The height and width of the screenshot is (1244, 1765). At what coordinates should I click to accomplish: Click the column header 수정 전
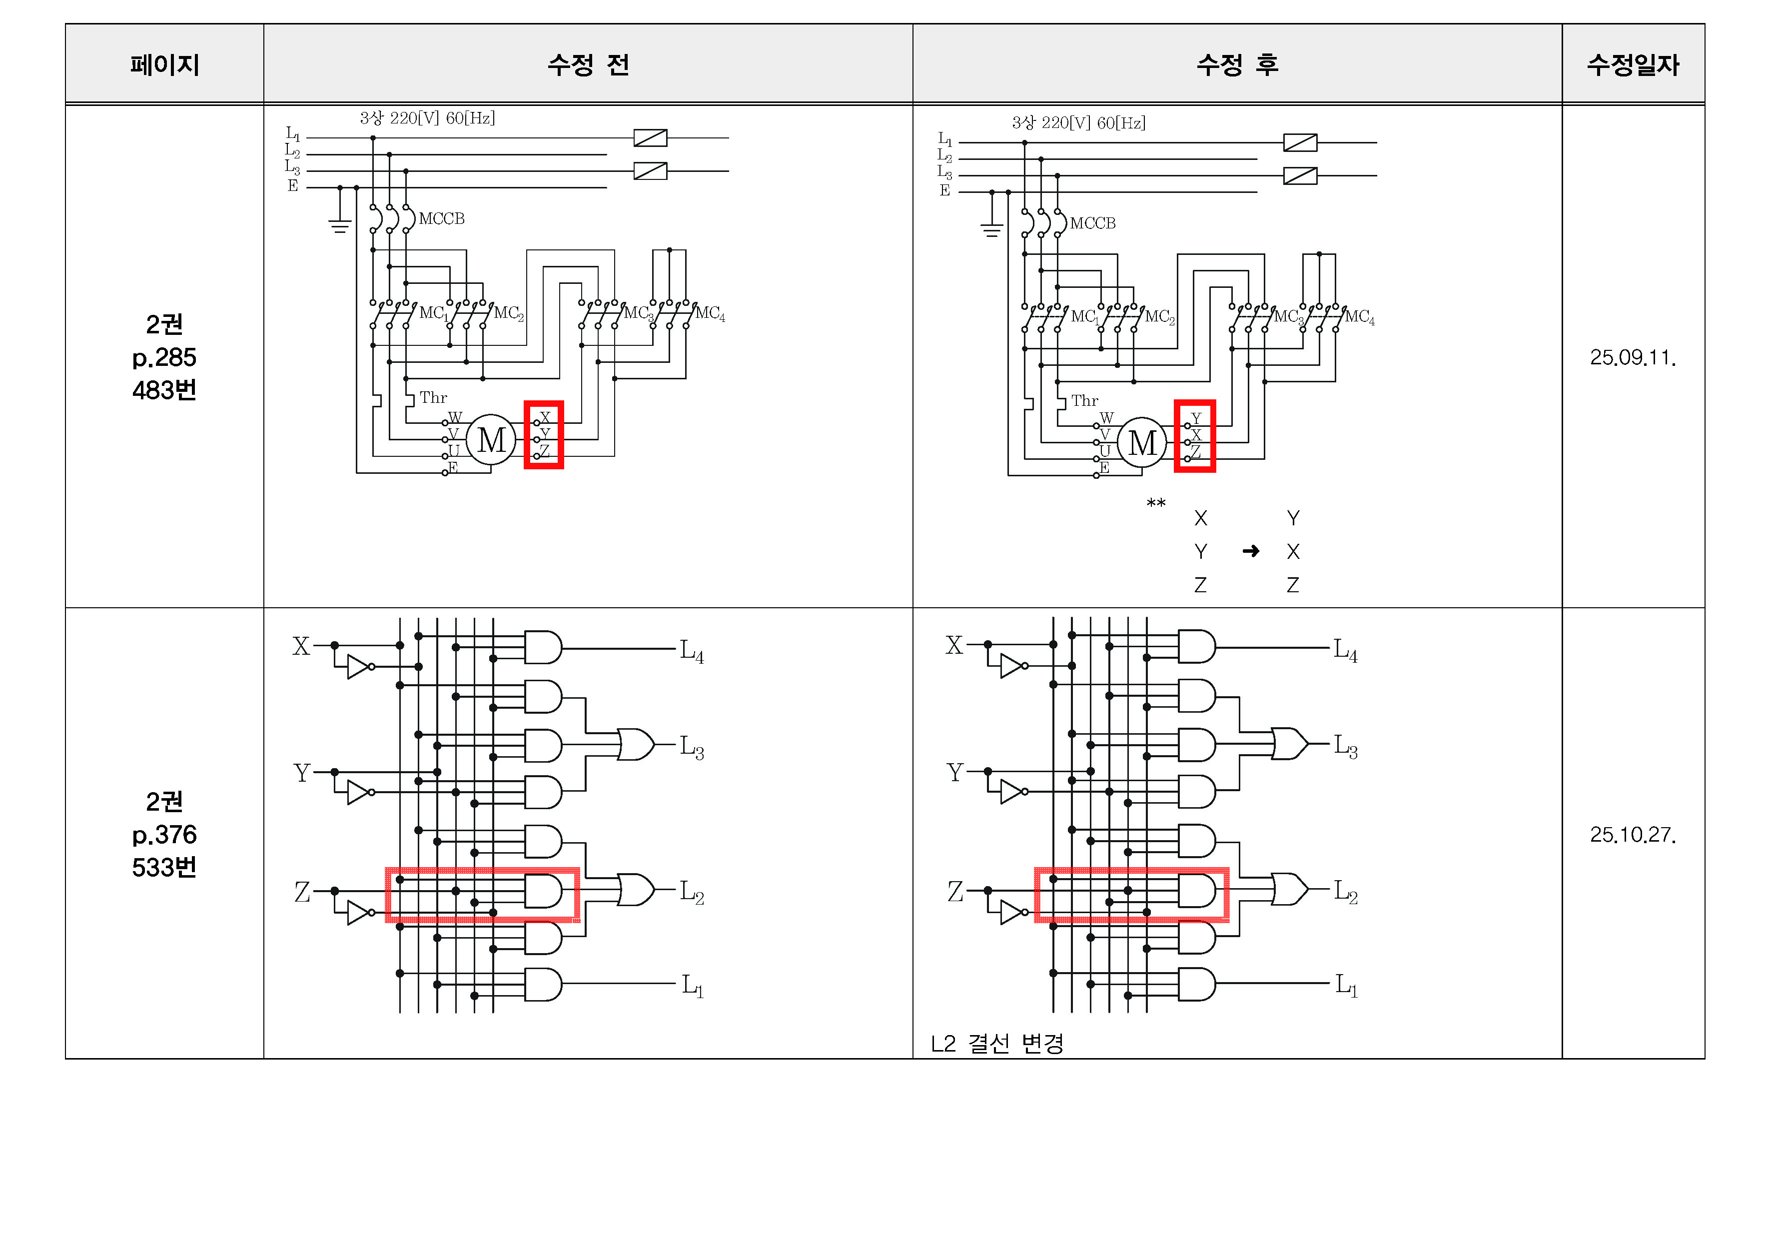[x=588, y=64]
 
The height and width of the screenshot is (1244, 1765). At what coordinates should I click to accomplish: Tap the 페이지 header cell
[x=164, y=64]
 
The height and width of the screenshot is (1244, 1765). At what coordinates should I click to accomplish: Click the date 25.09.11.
[x=1633, y=357]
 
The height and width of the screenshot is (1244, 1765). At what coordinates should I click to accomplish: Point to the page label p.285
[x=164, y=357]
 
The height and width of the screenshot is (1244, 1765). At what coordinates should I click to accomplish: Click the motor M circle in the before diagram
[x=491, y=440]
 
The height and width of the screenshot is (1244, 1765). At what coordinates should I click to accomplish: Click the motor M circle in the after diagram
[x=1142, y=443]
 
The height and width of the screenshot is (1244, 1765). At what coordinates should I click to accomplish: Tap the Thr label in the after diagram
[x=1085, y=400]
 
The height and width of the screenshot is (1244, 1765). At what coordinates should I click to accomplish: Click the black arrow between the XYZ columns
[x=1251, y=551]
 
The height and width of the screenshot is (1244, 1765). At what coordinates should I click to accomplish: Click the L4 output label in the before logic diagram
[x=692, y=651]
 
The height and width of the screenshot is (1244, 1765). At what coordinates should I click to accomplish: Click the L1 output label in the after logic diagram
[x=1346, y=985]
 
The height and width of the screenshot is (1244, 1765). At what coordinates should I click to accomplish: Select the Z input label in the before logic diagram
[x=302, y=892]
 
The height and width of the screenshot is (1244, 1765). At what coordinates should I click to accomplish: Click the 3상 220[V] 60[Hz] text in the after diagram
[x=1078, y=123]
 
